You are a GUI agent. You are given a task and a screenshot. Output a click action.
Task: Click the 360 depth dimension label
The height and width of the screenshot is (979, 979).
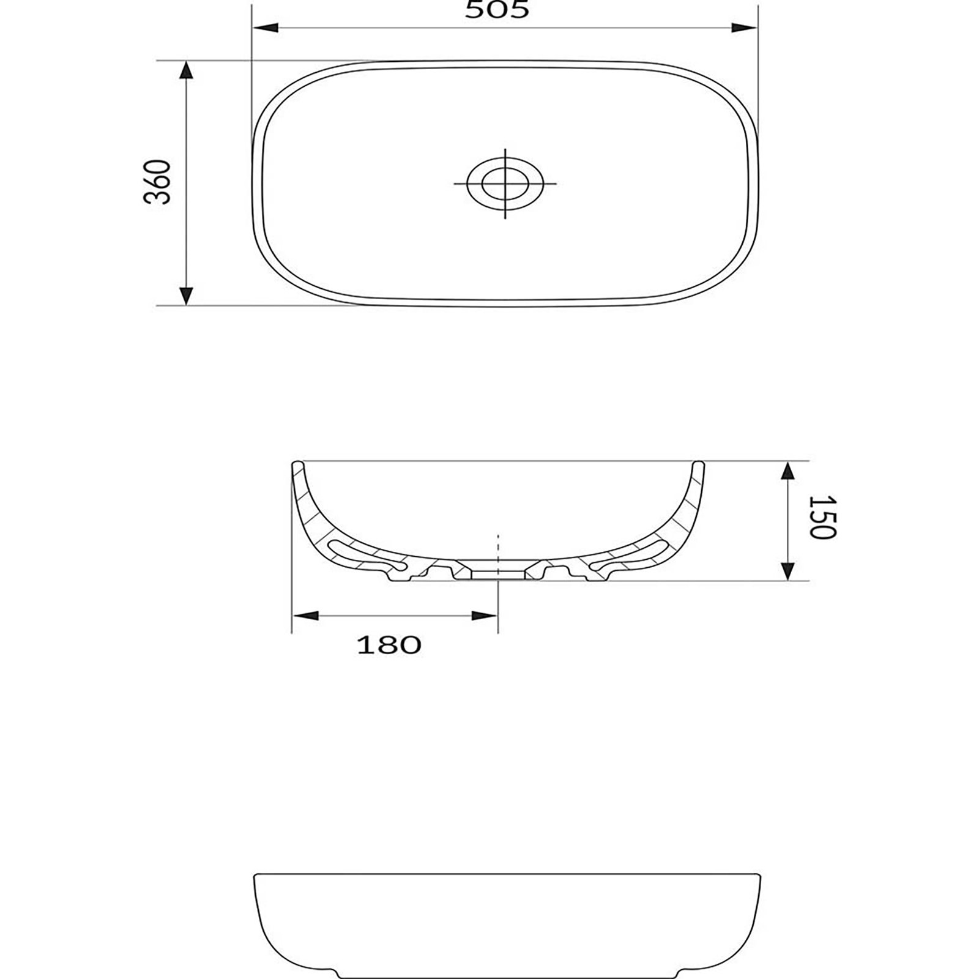point(157,182)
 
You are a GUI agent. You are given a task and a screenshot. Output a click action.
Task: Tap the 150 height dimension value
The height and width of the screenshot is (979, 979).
point(822,518)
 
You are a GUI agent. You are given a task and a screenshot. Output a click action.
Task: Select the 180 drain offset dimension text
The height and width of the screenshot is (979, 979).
point(389,645)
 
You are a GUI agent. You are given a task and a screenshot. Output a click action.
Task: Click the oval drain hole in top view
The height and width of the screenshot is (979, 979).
point(505,183)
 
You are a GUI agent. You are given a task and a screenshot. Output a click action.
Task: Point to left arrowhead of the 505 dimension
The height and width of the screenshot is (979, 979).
point(266,28)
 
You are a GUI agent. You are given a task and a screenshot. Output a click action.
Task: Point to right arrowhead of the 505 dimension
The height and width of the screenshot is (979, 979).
point(745,28)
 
